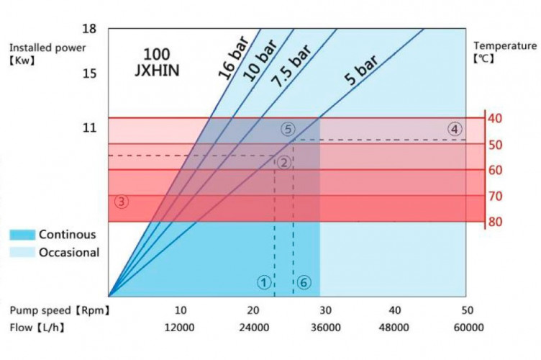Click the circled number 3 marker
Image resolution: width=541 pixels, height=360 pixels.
(x=122, y=202)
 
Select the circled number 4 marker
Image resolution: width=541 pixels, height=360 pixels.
(x=454, y=130)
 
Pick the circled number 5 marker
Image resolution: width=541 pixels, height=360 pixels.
(x=287, y=130)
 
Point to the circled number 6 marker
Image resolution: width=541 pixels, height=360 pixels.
(x=304, y=282)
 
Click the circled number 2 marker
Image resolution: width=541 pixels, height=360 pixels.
(x=284, y=163)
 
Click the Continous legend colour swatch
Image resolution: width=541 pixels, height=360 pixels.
(x=22, y=235)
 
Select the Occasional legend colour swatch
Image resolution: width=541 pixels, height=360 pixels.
(x=22, y=253)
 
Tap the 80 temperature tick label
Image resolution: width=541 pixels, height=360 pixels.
(x=495, y=222)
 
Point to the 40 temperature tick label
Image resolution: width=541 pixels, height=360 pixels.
(x=495, y=118)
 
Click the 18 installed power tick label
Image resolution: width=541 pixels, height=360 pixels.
(x=89, y=29)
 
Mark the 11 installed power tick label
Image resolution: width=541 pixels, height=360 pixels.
(x=89, y=128)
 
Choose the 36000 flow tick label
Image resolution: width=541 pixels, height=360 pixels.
(x=324, y=328)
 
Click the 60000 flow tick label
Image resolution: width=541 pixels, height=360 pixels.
(x=468, y=328)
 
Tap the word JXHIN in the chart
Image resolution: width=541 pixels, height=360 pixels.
(x=156, y=71)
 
